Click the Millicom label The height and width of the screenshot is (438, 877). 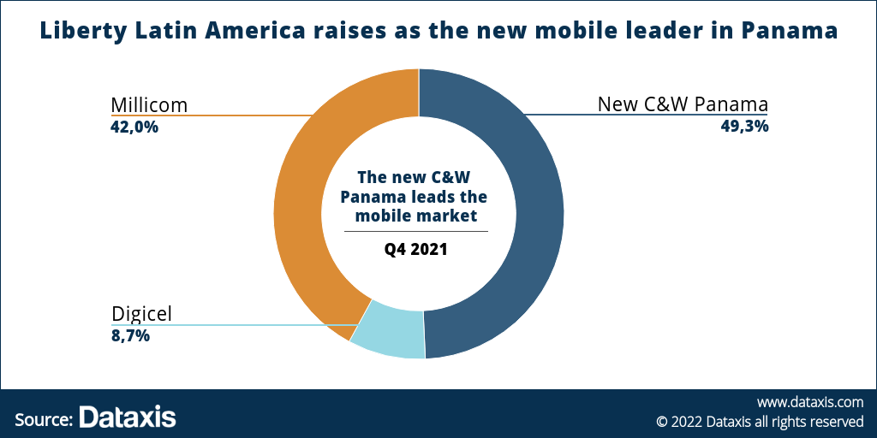(149, 105)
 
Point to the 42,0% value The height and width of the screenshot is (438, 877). (135, 127)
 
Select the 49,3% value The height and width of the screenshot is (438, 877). (744, 127)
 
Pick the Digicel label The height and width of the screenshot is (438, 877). (141, 314)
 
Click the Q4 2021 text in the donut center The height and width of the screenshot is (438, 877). (416, 251)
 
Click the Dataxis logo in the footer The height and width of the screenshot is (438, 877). (128, 417)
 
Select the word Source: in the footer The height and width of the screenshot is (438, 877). (44, 418)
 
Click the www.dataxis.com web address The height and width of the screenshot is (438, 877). (809, 401)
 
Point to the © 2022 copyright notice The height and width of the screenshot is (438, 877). (760, 421)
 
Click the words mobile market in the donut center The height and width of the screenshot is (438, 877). (416, 216)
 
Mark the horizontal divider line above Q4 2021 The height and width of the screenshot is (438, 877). (416, 231)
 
